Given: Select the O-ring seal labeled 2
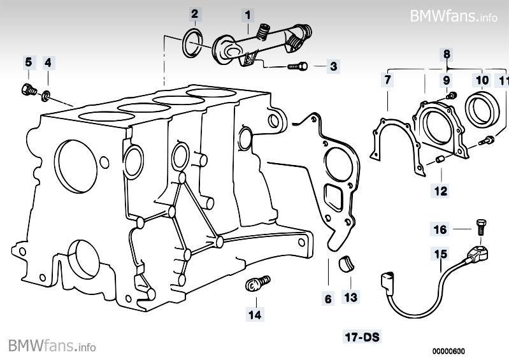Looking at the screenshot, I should tap(190, 41).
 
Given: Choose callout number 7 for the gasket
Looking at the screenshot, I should tap(387, 80).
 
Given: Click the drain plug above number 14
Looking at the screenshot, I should tap(256, 282).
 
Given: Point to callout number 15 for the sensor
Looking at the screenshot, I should tap(440, 255).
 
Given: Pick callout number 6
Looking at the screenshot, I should tap(328, 298).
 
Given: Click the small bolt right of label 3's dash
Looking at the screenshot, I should tap(298, 66).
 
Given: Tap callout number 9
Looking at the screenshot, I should tap(447, 80).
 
